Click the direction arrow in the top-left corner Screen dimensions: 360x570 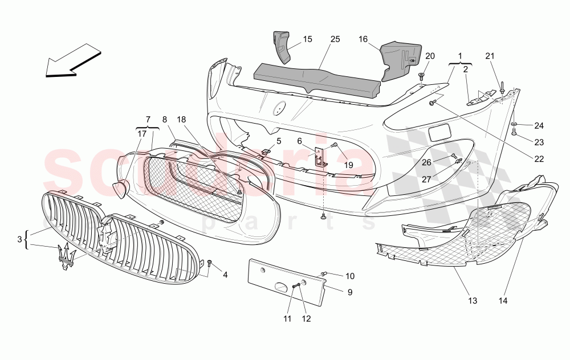73,60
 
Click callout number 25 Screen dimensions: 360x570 335,39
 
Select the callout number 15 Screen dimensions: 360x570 307,39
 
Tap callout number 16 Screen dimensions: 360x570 363,39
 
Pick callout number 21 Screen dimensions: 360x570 490,55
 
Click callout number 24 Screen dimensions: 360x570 539,125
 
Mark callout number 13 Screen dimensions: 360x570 472,300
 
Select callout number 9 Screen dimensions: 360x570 350,292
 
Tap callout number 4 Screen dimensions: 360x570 225,275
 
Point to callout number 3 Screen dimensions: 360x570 20,238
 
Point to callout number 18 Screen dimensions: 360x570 181,120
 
